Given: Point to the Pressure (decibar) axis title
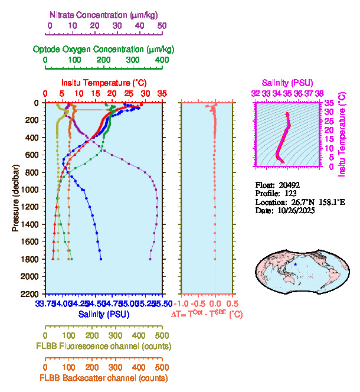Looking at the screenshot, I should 15,197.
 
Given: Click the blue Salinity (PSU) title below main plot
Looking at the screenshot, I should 103,315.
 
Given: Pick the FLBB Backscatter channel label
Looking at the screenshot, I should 103,378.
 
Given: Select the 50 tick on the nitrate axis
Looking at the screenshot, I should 162,25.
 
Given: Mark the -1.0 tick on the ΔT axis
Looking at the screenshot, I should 182,303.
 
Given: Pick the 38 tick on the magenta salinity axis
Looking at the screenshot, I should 319,93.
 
